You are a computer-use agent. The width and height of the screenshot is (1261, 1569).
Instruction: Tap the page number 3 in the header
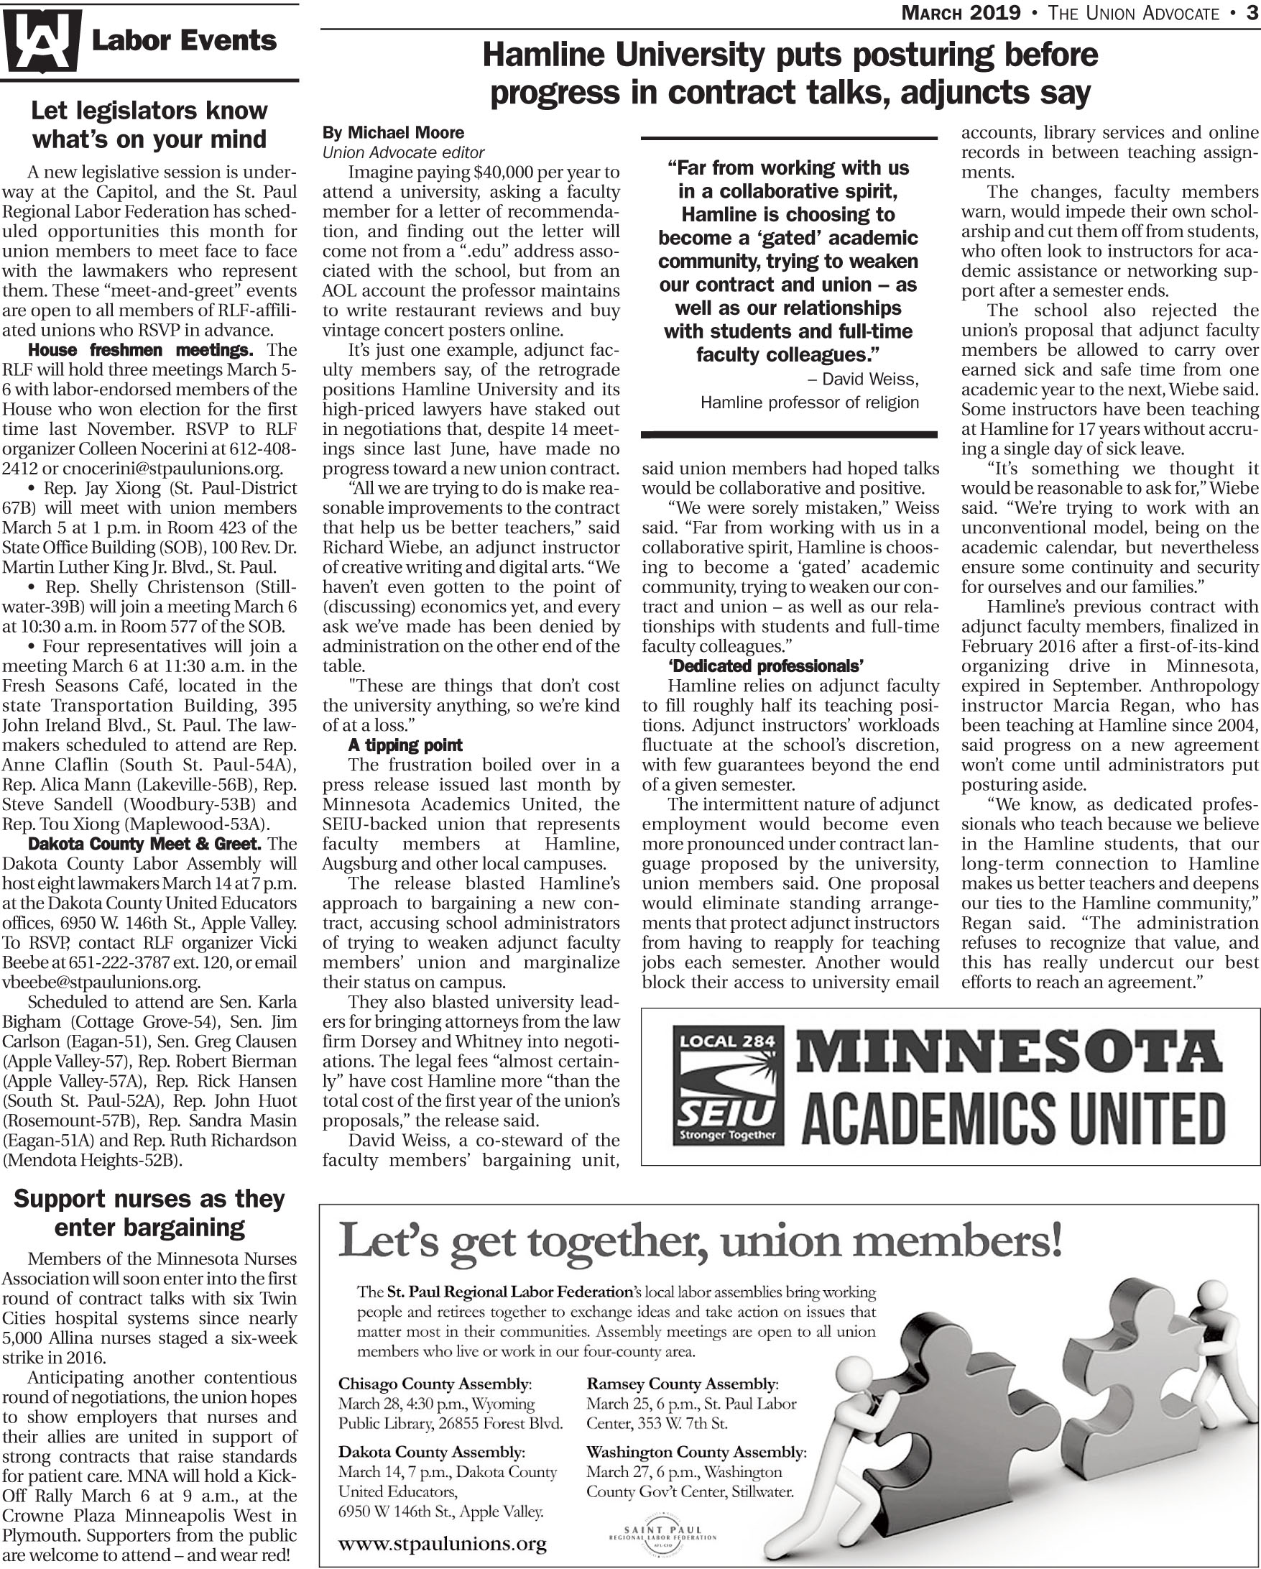pos(1252,12)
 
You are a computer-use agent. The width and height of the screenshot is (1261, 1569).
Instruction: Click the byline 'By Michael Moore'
pos(393,132)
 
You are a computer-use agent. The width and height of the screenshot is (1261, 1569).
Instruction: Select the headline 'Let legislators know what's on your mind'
pos(149,124)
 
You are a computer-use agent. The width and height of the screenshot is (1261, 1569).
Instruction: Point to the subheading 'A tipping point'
pos(405,745)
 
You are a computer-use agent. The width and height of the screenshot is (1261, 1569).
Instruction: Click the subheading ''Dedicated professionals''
pos(765,666)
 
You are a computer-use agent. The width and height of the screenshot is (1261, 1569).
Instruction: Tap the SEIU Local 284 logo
pos(728,1085)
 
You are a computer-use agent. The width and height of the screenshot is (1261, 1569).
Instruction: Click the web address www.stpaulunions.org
pos(443,1542)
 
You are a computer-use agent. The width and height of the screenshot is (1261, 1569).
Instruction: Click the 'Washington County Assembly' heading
pos(696,1452)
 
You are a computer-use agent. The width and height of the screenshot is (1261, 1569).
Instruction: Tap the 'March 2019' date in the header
pos(961,12)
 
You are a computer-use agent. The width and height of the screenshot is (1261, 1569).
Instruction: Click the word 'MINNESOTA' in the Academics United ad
pos(1011,1053)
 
